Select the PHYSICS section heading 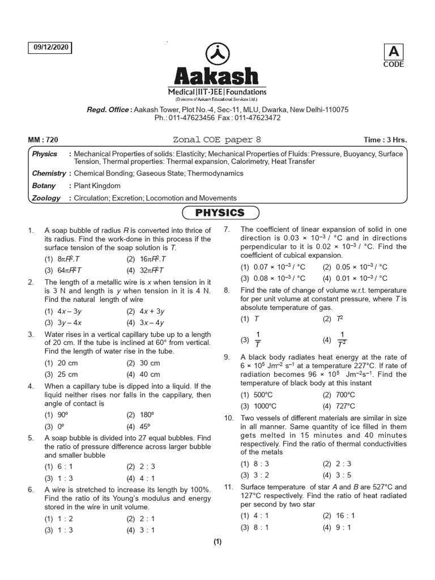(x=220, y=213)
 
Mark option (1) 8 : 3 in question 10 (x=253, y=464)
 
